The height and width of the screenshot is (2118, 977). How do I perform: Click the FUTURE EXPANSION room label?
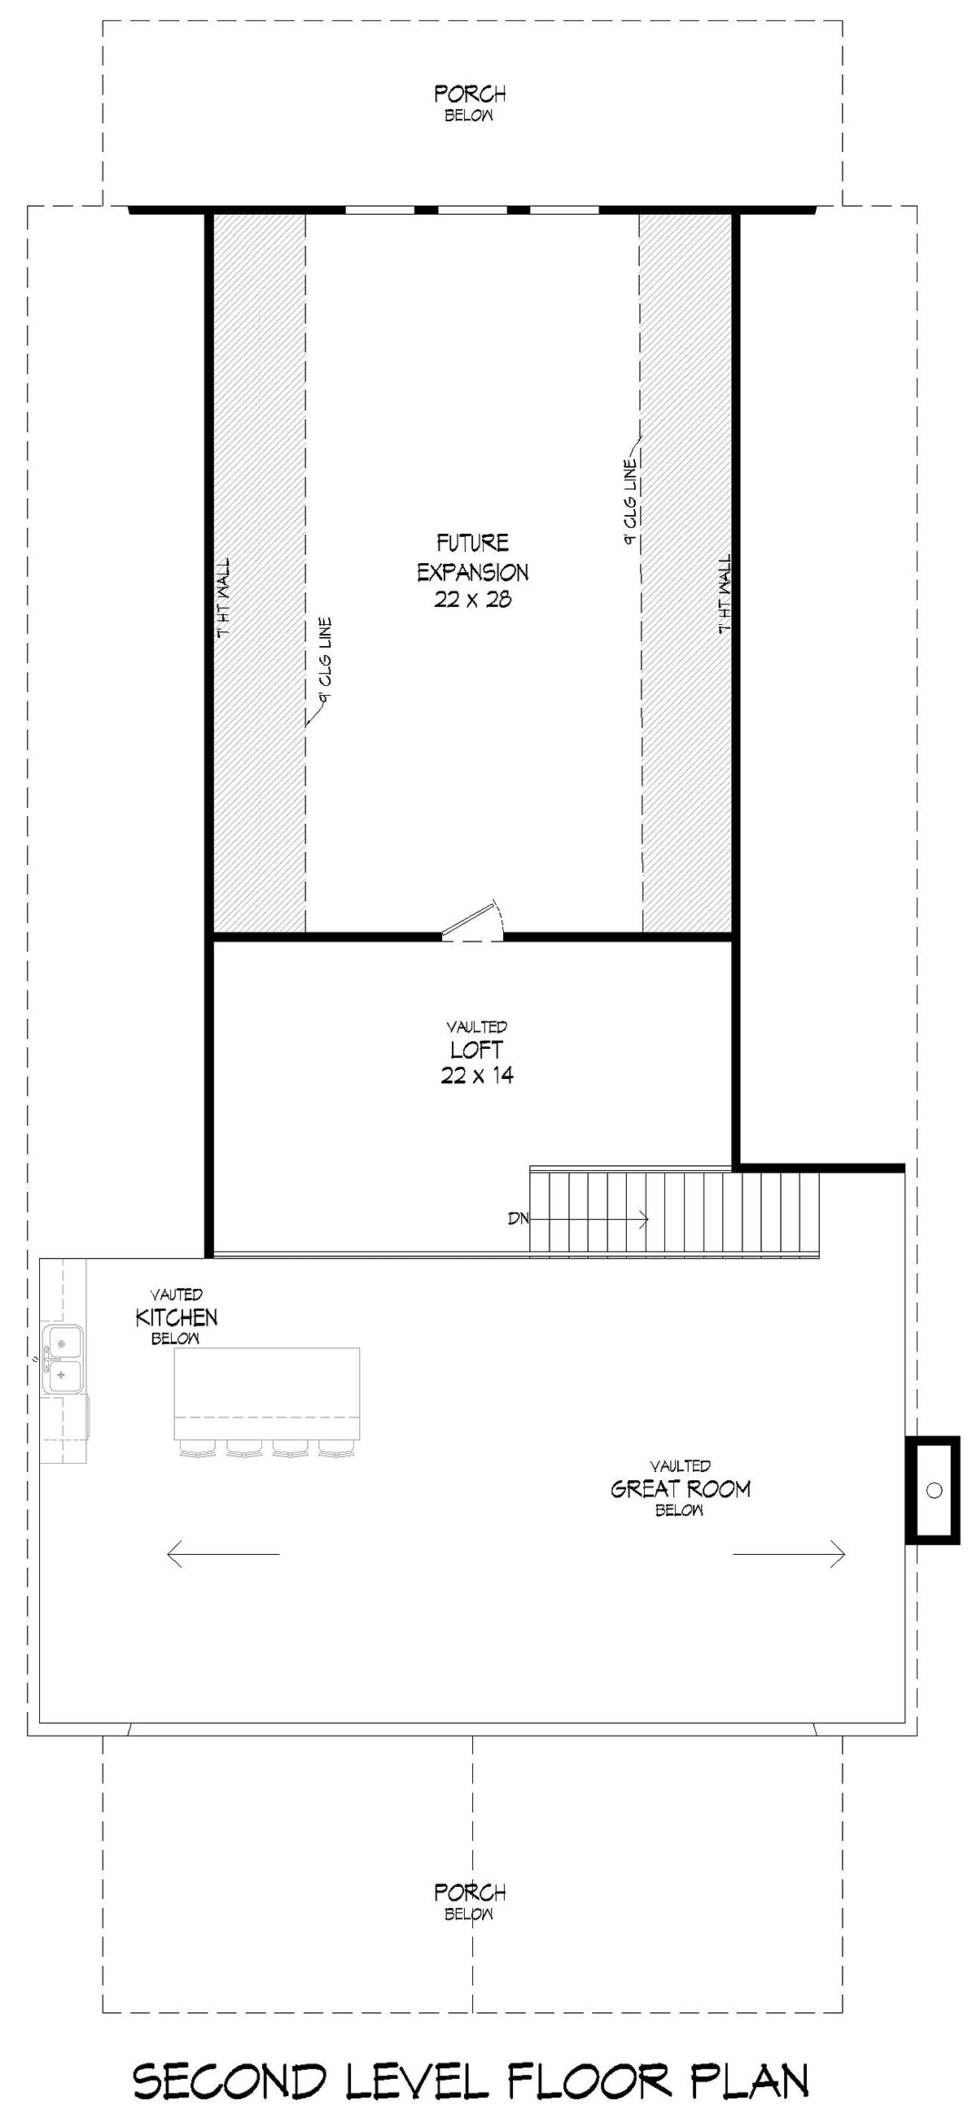click(x=473, y=557)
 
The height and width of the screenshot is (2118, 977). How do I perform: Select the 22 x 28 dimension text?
click(x=473, y=600)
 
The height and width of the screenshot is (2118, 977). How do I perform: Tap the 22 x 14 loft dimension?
click(x=477, y=1075)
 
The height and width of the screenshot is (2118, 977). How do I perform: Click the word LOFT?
click(x=476, y=1050)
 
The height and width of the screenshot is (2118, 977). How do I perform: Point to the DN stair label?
click(x=518, y=1219)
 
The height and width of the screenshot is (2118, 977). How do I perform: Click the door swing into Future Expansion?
click(x=473, y=920)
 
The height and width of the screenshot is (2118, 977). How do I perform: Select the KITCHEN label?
click(x=177, y=1317)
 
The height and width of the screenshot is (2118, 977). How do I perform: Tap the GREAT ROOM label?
click(x=680, y=1489)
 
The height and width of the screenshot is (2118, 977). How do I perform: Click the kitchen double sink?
click(x=63, y=1357)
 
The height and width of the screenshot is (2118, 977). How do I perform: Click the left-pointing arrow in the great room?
click(x=223, y=1554)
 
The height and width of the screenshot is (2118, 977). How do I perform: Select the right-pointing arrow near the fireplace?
click(x=789, y=1553)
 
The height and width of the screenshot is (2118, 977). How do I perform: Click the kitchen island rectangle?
click(x=267, y=1393)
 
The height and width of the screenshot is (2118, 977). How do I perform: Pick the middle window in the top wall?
click(x=473, y=211)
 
